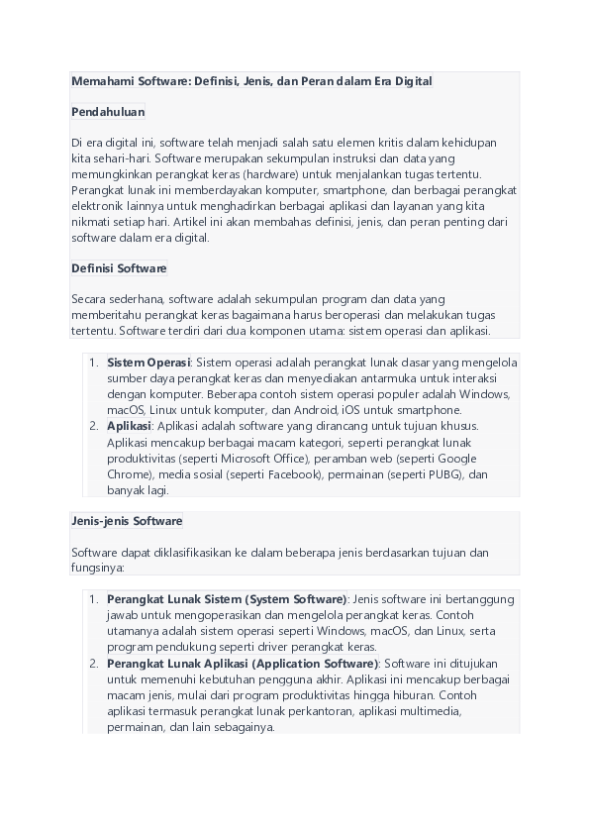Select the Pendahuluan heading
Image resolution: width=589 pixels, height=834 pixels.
point(108,112)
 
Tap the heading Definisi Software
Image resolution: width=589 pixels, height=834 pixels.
point(119,268)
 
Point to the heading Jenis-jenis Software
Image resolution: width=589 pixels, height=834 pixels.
point(127,521)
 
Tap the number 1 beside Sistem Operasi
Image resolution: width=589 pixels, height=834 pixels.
point(93,363)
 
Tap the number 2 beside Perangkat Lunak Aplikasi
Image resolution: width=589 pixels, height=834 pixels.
point(93,663)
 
